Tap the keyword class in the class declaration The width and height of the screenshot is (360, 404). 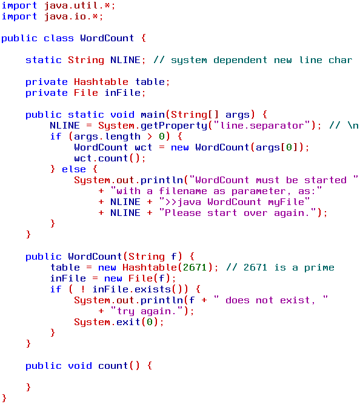58,38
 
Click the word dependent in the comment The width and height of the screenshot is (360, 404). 240,60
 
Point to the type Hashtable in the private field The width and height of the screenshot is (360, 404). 101,82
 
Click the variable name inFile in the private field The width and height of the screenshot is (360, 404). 122,93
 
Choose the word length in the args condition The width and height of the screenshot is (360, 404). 123,136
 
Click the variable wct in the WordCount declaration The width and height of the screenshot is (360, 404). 144,147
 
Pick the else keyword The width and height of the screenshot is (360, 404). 74,169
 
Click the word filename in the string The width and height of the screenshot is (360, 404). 182,191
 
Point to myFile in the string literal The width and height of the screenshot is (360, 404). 286,202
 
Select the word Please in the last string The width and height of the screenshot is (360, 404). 182,213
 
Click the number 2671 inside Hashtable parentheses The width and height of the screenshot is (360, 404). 195,268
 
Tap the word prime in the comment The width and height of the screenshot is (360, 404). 319,268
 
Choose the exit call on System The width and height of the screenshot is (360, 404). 128,322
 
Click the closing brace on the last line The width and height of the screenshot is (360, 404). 4,398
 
